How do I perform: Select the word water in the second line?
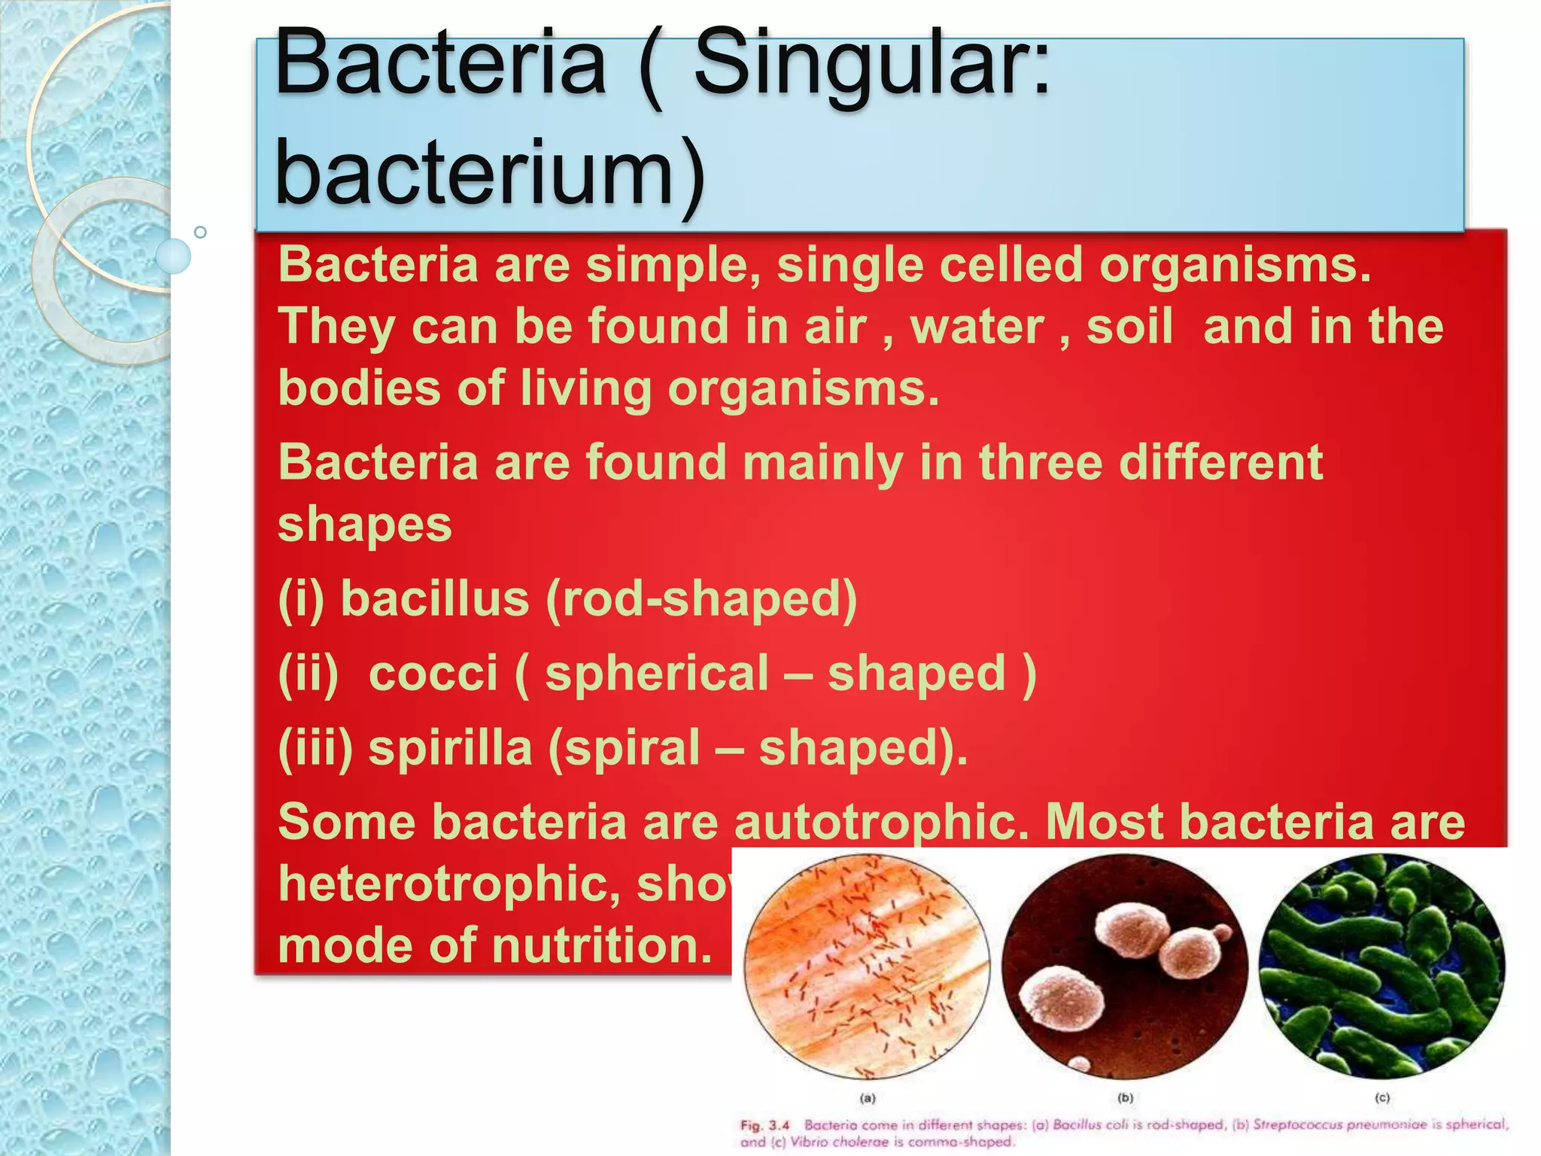tap(977, 327)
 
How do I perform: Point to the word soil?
tap(1129, 327)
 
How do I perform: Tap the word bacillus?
tap(435, 599)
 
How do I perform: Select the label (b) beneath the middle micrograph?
tap(1125, 1098)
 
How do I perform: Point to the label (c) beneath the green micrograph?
tap(1382, 1098)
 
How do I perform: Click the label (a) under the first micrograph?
tap(868, 1098)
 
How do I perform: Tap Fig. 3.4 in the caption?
tap(764, 1126)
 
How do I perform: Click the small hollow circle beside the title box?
tap(200, 232)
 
